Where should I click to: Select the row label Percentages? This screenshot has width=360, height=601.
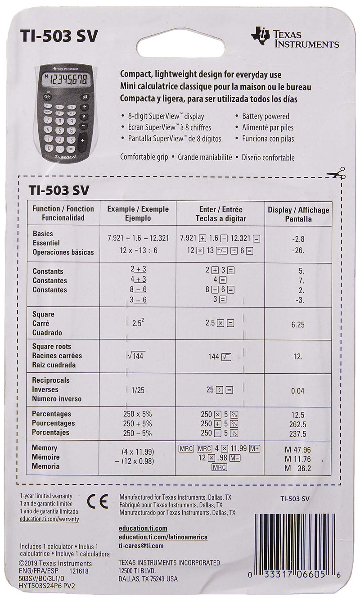pos(52,414)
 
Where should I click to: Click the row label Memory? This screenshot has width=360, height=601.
pos(45,448)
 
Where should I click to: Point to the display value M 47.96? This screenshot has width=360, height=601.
pos(298,450)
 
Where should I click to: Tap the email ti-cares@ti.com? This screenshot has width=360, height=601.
pos(141,546)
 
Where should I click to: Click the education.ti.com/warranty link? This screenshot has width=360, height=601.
pos(49,519)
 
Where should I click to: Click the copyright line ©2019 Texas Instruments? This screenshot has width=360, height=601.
pos(56,563)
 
